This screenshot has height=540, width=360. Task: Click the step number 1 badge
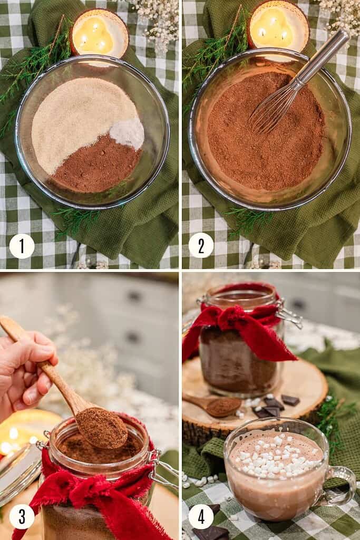tap(22, 246)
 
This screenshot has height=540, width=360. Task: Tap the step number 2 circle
tap(201, 246)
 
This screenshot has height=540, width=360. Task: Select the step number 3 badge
tap(22, 517)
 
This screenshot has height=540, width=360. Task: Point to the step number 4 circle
tap(201, 517)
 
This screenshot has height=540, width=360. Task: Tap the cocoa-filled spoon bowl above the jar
tap(103, 428)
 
